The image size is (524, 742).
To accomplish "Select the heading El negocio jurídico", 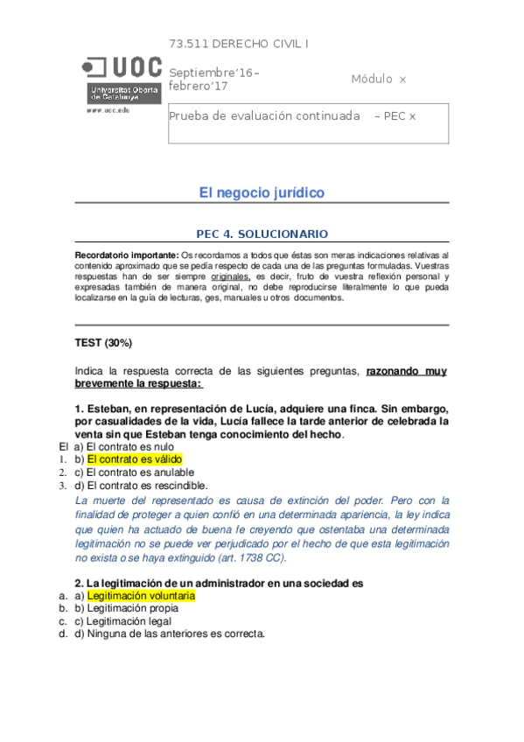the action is pyautogui.click(x=262, y=192).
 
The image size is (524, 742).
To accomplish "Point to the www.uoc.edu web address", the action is pyautogui.click(x=107, y=110).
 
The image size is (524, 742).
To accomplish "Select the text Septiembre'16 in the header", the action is pyautogui.click(x=213, y=73).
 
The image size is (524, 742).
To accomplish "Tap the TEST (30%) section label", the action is pyautogui.click(x=104, y=342).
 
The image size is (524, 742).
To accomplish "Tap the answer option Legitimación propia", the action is pyautogui.click(x=132, y=608).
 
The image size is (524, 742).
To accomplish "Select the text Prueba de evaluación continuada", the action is pyautogui.click(x=264, y=115).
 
